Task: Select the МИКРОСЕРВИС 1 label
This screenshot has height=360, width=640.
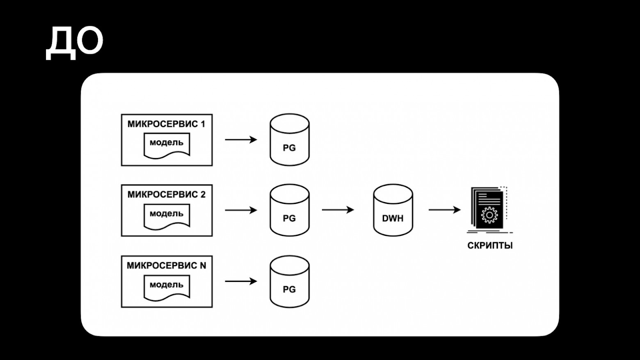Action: [x=166, y=124]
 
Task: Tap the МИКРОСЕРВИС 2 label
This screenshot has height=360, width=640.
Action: [x=166, y=195]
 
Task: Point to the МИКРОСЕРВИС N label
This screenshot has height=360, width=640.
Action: [x=166, y=266]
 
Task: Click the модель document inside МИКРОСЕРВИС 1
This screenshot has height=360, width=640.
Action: [x=167, y=144]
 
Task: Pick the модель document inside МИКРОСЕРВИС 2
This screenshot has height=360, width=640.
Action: [x=167, y=216]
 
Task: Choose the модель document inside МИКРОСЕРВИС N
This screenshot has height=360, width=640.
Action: [x=167, y=287]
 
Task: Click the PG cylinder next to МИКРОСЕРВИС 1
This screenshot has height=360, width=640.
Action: [x=289, y=140]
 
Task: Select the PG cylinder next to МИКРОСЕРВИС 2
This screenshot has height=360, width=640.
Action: [x=289, y=210]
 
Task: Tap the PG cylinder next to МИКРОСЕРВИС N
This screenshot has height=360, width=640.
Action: [x=289, y=282]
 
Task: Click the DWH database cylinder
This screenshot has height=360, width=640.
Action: [x=393, y=210]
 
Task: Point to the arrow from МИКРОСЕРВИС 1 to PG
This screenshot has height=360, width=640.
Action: [x=241, y=140]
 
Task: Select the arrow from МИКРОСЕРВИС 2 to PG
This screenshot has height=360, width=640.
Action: [x=241, y=210]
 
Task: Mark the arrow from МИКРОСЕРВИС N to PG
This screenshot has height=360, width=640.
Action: [x=241, y=281]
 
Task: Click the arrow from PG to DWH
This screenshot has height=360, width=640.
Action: [x=338, y=210]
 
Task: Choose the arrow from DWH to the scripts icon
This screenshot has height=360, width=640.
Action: [x=444, y=210]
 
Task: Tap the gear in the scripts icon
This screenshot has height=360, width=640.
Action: [x=489, y=215]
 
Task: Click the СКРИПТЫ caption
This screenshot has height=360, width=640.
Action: [x=490, y=246]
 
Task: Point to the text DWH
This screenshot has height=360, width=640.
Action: [x=393, y=218]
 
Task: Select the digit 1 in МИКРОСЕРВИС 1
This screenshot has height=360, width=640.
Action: [x=203, y=124]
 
